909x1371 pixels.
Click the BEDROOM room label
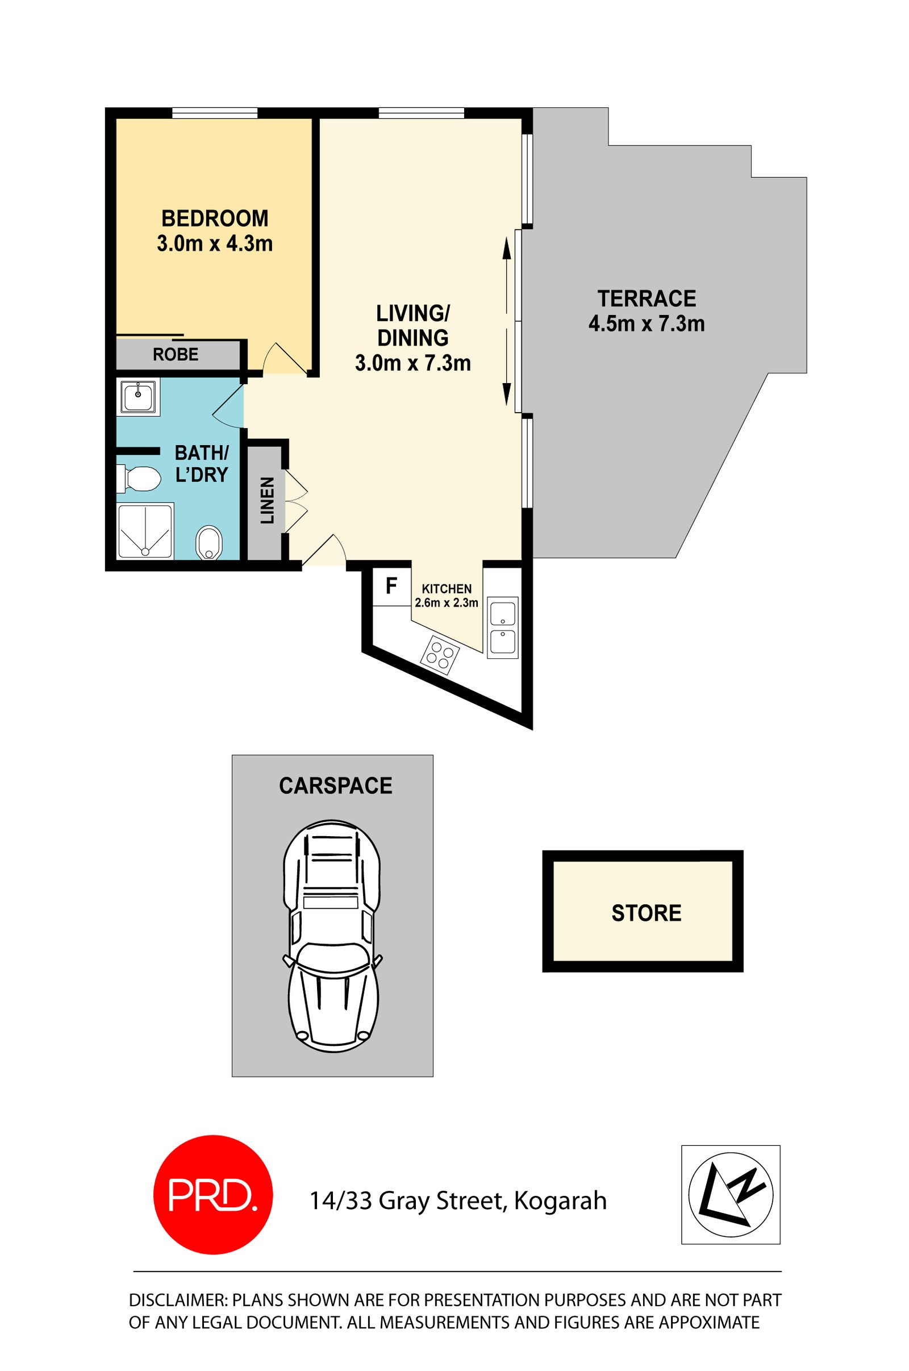(215, 219)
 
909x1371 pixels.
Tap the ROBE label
(176, 354)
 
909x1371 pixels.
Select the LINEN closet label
(267, 501)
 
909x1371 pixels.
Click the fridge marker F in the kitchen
(391, 586)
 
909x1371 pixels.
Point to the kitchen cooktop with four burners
(440, 655)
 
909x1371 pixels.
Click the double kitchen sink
(502, 628)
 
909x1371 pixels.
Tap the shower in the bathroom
(145, 531)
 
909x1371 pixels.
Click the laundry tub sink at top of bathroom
(138, 397)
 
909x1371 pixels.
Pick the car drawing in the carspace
(333, 936)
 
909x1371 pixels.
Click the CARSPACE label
(336, 786)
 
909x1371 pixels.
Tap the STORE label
(647, 913)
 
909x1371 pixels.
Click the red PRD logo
(212, 1195)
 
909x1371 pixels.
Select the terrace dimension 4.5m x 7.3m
(647, 323)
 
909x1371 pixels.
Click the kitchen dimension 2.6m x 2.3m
(447, 603)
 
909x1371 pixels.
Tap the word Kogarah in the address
(560, 1201)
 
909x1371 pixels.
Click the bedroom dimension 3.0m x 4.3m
(215, 244)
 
